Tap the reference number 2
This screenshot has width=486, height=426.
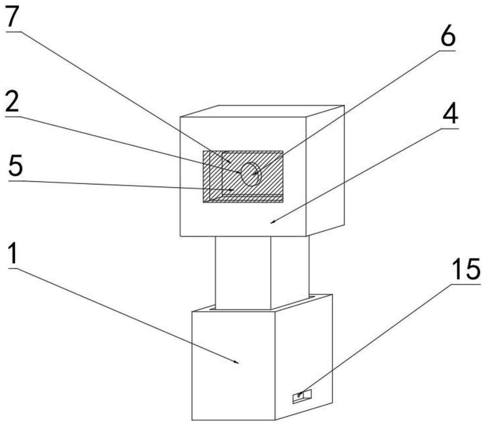[12, 102]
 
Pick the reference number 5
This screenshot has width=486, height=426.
[15, 166]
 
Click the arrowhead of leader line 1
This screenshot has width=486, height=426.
[237, 362]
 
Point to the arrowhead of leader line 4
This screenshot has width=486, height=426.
[272, 223]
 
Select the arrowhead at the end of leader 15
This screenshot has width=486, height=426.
[299, 395]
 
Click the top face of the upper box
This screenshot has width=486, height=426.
[262, 111]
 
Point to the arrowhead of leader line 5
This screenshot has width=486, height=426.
[233, 190]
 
